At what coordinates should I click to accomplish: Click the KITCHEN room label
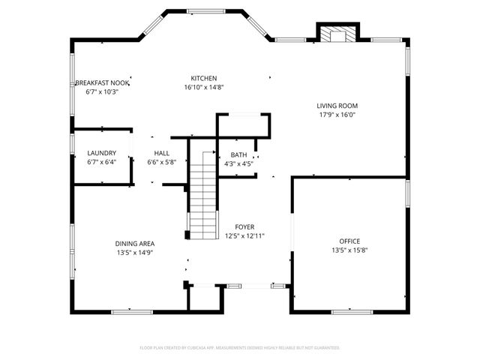pos(203,78)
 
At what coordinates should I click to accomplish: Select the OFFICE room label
pos(349,241)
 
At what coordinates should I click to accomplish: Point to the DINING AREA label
pos(135,243)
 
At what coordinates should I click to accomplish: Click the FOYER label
pos(244,226)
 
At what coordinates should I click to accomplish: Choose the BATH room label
pos(238,154)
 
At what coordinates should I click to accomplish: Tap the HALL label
pos(161,153)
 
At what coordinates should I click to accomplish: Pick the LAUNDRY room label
pos(102,153)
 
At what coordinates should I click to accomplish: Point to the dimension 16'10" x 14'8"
pos(203,87)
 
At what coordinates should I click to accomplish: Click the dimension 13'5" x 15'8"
pos(349,250)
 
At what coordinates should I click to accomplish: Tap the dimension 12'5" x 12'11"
pos(244,235)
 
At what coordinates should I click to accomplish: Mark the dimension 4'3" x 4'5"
pos(238,163)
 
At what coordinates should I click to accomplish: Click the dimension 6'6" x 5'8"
pos(161,162)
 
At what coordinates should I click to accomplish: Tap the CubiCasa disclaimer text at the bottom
pos(240,348)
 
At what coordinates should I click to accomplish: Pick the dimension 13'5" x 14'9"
pos(135,253)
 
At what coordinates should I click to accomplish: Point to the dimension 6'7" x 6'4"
pos(102,162)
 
